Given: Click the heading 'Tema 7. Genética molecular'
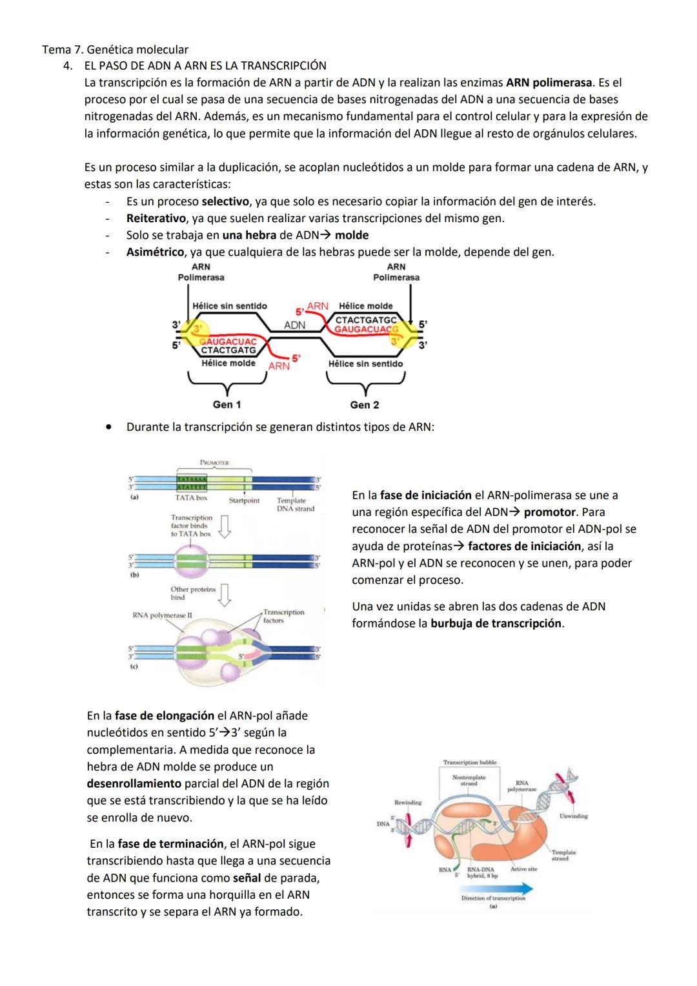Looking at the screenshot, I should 115,49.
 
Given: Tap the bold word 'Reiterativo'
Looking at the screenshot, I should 156,218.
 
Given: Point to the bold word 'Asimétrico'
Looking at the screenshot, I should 155,252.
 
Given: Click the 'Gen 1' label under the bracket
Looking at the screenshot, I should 227,405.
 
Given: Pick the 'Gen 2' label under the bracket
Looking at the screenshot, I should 365,405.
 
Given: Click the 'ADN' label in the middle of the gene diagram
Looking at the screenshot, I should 295,325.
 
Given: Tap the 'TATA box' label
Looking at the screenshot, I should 191,498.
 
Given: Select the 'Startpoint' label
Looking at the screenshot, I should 244,500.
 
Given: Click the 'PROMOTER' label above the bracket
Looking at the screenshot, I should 214,463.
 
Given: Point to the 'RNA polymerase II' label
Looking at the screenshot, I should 162,615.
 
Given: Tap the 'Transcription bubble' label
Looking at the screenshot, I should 470,763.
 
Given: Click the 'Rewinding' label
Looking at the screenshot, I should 408,803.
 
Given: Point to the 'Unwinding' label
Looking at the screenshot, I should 573,816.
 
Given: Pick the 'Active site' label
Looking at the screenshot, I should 523,869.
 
